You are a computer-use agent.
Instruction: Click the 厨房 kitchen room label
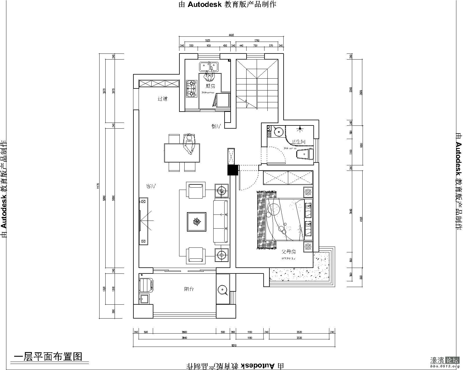pos(210,86)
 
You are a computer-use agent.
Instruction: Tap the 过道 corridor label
pos(163,99)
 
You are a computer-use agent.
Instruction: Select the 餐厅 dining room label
pos(216,126)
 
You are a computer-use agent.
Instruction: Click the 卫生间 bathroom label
pos(299,142)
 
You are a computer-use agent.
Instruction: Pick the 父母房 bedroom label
pos(289,252)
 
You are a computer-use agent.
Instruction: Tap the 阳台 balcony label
pos(189,289)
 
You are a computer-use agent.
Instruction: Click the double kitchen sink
pos(208,67)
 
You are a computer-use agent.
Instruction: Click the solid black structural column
pos(232,170)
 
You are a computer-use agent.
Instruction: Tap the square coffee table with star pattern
pos(197,222)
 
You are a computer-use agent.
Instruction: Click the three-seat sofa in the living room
pos(221,221)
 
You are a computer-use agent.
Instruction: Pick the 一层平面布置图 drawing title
pos(48,356)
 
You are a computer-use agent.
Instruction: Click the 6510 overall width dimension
pos(234,345)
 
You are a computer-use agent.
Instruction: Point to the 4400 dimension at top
pos(231,35)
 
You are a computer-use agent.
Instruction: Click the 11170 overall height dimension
pos(98,185)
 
